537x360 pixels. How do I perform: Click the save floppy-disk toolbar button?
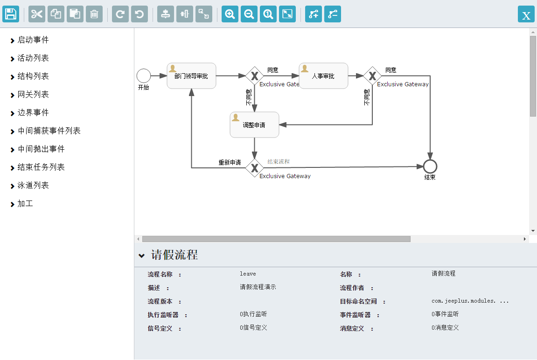click(11, 14)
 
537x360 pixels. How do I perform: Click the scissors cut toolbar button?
click(37, 14)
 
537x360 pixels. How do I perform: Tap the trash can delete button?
click(94, 14)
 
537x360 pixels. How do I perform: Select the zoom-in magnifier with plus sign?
click(230, 14)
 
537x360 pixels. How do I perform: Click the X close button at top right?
click(526, 14)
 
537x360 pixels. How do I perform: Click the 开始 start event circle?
click(144, 76)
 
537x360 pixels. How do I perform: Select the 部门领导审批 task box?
click(191, 76)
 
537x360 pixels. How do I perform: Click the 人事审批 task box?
click(323, 76)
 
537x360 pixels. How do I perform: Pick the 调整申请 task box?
click(254, 125)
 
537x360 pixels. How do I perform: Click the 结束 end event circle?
click(430, 166)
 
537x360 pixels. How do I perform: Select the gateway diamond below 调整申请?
click(254, 167)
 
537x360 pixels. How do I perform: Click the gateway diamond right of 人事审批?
click(372, 76)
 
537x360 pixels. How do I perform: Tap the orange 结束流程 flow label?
click(279, 162)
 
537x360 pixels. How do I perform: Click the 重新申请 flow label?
click(230, 163)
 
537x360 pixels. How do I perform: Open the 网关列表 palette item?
click(33, 95)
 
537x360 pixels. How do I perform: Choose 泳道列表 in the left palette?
click(33, 186)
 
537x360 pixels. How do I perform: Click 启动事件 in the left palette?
click(33, 40)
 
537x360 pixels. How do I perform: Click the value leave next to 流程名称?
click(248, 274)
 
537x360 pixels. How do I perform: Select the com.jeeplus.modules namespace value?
click(470, 301)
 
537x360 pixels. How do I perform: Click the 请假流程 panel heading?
click(174, 255)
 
